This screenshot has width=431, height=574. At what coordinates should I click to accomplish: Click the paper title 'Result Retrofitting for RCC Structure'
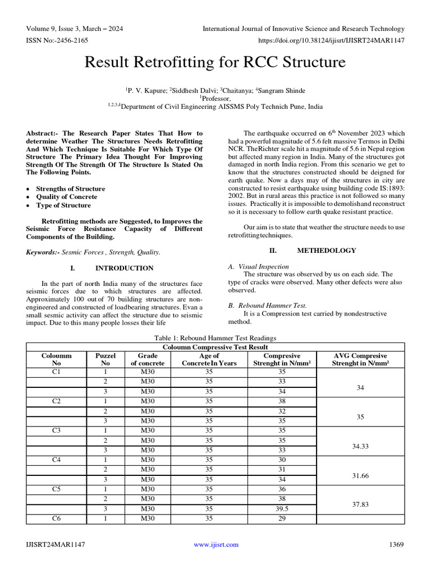[215, 62]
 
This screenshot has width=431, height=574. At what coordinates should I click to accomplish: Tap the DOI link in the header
[331, 40]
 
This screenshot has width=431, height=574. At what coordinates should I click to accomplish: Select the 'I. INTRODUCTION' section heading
[114, 268]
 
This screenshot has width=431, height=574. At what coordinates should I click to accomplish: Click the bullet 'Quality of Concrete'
[66, 197]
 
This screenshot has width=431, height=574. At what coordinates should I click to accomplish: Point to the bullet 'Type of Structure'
[63, 205]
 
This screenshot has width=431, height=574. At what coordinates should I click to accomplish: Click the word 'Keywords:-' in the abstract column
[43, 252]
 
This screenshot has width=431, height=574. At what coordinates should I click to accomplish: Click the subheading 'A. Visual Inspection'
[259, 267]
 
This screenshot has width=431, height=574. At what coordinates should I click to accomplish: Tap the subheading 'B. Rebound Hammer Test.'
[267, 305]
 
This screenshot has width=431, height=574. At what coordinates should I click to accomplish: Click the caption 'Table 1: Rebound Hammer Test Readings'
[215, 338]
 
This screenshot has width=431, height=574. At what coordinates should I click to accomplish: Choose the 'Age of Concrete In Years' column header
[209, 359]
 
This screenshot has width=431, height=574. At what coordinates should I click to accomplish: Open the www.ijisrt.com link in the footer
[216, 544]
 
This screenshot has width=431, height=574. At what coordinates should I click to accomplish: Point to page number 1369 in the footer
[396, 544]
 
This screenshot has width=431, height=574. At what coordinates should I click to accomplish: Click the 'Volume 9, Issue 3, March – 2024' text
[75, 29]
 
